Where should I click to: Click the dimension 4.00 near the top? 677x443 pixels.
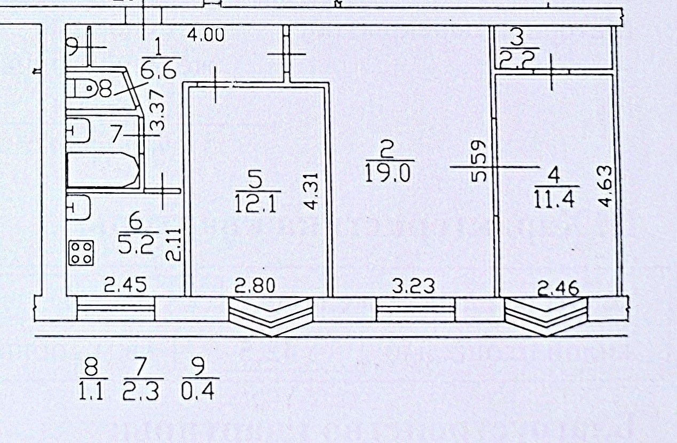click(x=206, y=36)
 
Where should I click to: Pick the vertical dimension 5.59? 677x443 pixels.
click(x=478, y=161)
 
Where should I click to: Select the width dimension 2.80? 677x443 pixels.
click(x=255, y=286)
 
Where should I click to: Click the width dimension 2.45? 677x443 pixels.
click(x=125, y=286)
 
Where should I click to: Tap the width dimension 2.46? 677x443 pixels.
click(x=558, y=289)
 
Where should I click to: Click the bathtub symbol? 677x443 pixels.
click(x=103, y=170)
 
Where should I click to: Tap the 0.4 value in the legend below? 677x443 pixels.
click(x=197, y=392)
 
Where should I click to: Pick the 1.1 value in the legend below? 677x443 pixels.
click(x=92, y=392)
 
